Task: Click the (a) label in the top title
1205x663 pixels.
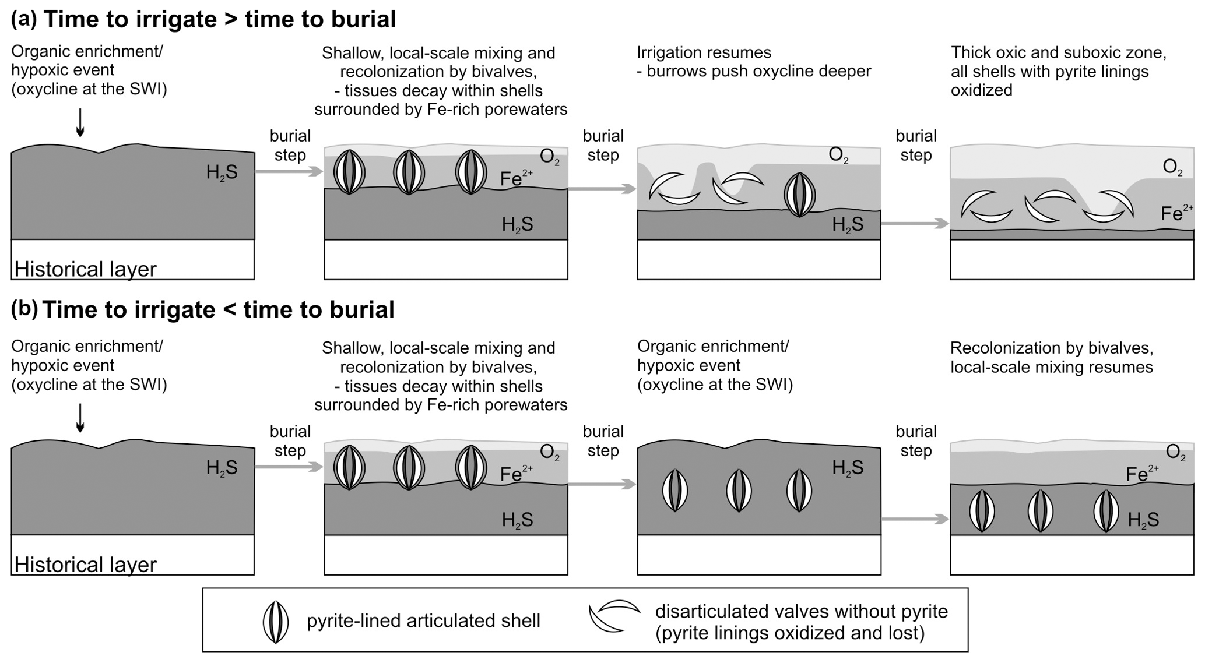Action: (23, 19)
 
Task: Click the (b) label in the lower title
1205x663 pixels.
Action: (23, 309)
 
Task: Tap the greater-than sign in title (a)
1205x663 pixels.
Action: (230, 20)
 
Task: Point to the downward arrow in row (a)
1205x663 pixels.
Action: (80, 122)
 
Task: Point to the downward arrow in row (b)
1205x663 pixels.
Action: (80, 418)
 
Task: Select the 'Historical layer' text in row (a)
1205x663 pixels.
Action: (86, 269)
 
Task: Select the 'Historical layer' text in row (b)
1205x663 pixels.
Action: (86, 565)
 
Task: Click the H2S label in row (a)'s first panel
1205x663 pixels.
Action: (222, 172)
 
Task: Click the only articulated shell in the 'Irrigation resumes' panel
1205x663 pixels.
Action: (799, 195)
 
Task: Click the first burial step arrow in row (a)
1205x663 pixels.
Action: (289, 171)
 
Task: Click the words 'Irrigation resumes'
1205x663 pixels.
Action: (704, 52)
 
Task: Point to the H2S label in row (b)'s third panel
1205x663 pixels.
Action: (848, 467)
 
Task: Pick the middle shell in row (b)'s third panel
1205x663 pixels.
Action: (739, 491)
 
